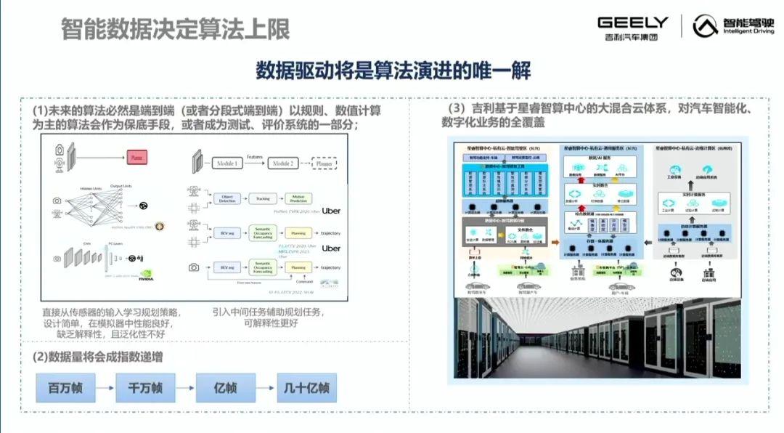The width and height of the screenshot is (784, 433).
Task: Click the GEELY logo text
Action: coord(632,23)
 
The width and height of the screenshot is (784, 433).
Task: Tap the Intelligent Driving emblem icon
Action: coord(703,27)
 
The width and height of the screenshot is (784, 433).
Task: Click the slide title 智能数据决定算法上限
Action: coord(175,29)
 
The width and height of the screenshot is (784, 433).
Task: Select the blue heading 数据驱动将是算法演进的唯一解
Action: coord(393,71)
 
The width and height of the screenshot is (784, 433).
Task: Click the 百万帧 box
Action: coord(65,388)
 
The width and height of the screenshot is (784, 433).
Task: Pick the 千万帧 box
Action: coord(145,388)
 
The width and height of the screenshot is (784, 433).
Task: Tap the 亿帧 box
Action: coord(225,388)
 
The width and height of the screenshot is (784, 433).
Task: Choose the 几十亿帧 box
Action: coord(306,388)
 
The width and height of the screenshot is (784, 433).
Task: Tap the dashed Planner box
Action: coord(324,164)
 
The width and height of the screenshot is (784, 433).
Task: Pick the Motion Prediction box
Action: coord(298,198)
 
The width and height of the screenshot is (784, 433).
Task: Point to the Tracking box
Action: coord(262,198)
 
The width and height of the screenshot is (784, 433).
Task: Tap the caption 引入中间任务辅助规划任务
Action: coord(268,312)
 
